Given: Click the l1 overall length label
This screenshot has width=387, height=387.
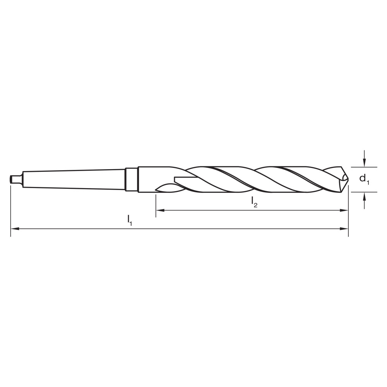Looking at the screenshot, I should [x=130, y=221].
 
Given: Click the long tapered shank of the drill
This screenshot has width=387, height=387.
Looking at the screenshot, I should [x=74, y=179].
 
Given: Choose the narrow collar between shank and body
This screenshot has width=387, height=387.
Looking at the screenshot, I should [x=131, y=179].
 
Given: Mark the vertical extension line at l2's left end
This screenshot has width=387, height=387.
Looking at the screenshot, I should [x=156, y=205].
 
